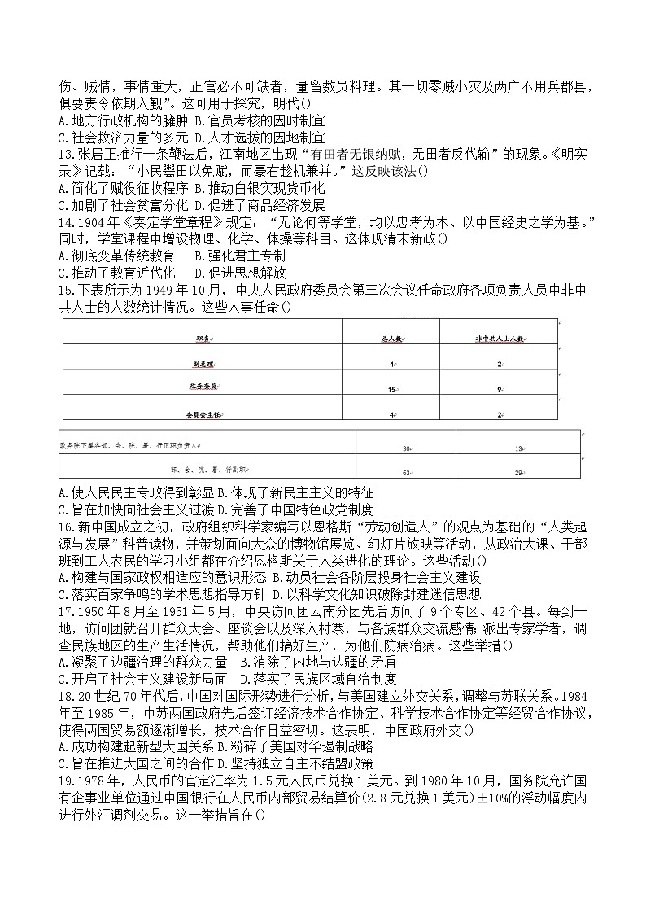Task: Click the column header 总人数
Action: (391, 338)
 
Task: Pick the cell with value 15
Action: (391, 390)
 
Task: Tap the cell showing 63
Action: (405, 471)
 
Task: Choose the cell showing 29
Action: (518, 471)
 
